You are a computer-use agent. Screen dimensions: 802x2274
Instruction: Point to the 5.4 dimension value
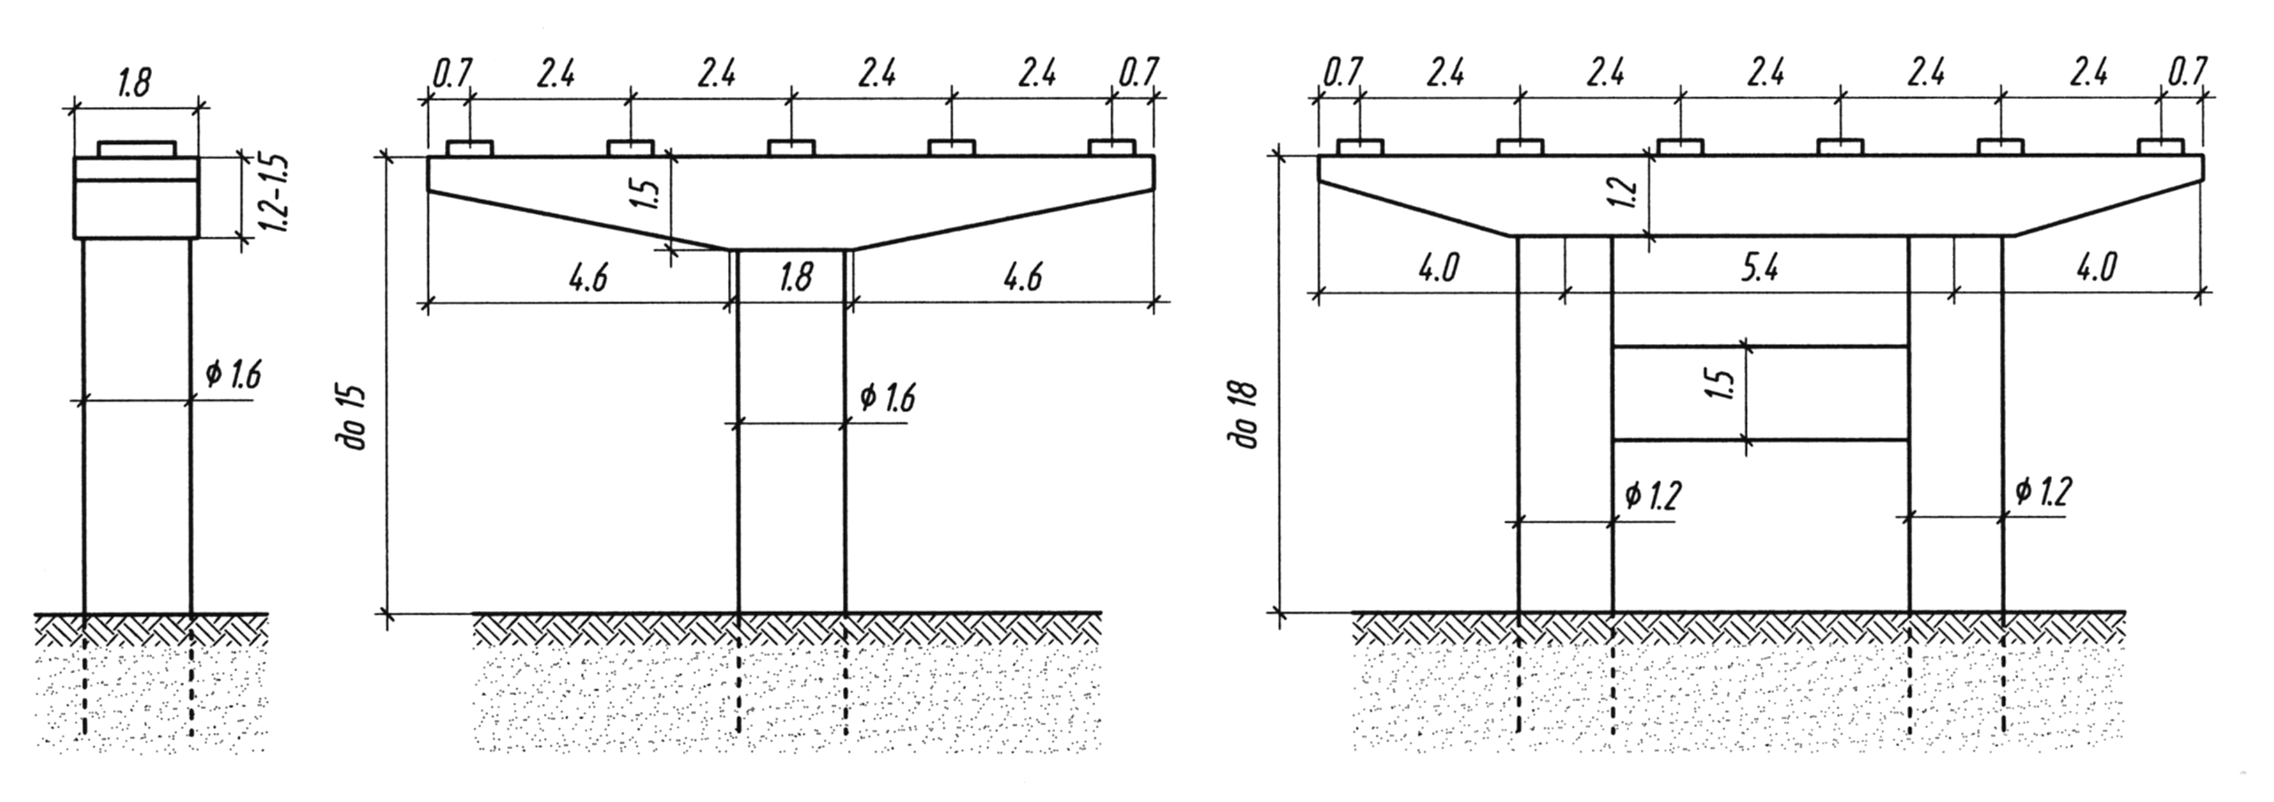tap(1759, 268)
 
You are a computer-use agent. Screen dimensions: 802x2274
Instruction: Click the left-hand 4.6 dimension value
tap(588, 278)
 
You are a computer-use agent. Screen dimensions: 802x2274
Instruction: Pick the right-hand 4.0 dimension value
tap(2095, 266)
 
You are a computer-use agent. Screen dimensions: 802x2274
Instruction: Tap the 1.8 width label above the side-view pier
tap(134, 81)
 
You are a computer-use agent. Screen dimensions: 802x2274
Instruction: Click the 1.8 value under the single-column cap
tap(795, 278)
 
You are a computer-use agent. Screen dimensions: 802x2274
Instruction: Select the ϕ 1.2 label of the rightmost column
tap(2044, 492)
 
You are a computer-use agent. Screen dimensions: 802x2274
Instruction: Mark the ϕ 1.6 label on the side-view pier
tap(234, 375)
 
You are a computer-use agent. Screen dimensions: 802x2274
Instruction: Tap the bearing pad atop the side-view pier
tap(137, 149)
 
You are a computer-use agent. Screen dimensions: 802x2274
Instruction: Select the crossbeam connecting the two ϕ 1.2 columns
tap(1759, 393)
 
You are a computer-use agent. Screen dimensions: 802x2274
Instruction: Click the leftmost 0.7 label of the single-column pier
tap(452, 73)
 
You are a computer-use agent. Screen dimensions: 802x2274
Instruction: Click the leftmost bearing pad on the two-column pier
tap(1359, 147)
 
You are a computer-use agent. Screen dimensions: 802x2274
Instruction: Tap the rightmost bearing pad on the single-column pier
tap(1112, 147)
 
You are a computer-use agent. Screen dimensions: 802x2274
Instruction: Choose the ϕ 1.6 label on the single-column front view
tap(888, 398)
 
